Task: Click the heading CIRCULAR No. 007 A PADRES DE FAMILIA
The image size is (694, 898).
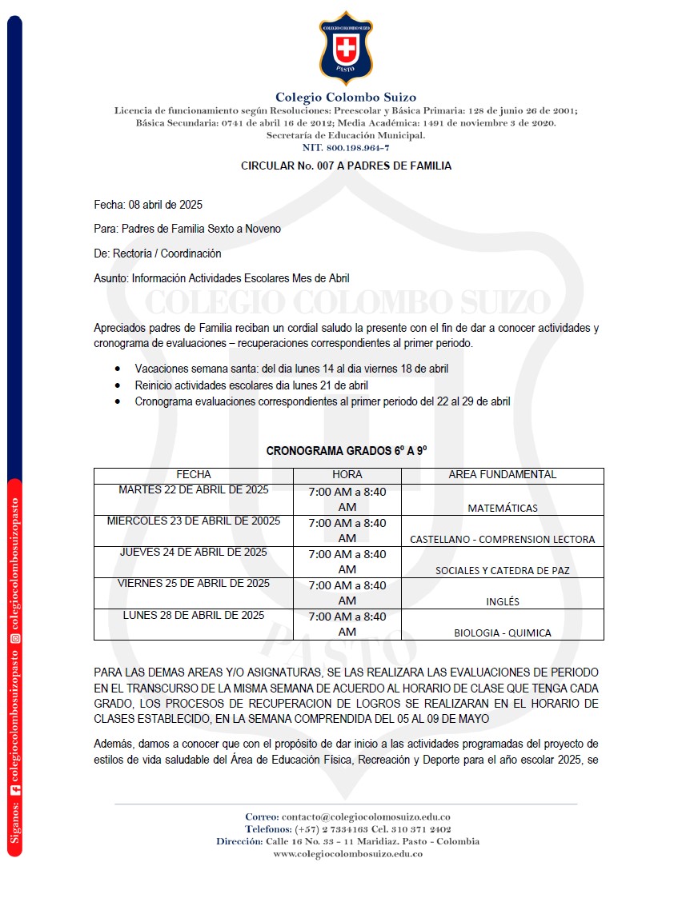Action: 346,166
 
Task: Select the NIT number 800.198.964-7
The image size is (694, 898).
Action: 346,148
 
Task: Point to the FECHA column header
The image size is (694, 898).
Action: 194,475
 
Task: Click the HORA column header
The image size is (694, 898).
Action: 347,475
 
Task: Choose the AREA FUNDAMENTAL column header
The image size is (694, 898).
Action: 502,475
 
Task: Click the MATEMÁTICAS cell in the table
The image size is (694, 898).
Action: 502,508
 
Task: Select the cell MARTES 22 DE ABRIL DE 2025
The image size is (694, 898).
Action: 194,490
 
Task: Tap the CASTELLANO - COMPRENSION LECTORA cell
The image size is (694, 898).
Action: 502,539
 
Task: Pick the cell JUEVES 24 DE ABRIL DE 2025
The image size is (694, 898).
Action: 194,553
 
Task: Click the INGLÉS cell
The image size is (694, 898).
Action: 502,601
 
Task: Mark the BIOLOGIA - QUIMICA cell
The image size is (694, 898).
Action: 502,633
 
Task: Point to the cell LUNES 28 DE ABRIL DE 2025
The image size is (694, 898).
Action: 194,616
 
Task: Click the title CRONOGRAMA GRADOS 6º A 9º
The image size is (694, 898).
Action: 346,451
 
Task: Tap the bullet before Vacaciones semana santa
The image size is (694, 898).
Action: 118,369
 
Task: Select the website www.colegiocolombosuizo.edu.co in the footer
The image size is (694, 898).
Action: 347,854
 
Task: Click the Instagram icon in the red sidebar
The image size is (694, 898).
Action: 14,638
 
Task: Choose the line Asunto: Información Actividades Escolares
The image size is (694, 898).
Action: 221,278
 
